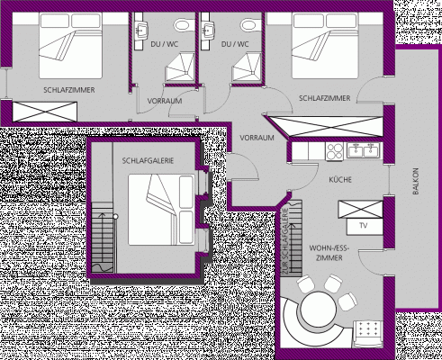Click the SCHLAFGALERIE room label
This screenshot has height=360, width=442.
pos(148,160)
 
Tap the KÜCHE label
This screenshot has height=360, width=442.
pos(340,180)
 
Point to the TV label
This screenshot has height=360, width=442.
pos(364,225)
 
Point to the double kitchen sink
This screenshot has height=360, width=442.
pos(365,151)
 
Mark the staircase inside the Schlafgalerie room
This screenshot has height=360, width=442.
pos(104,242)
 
